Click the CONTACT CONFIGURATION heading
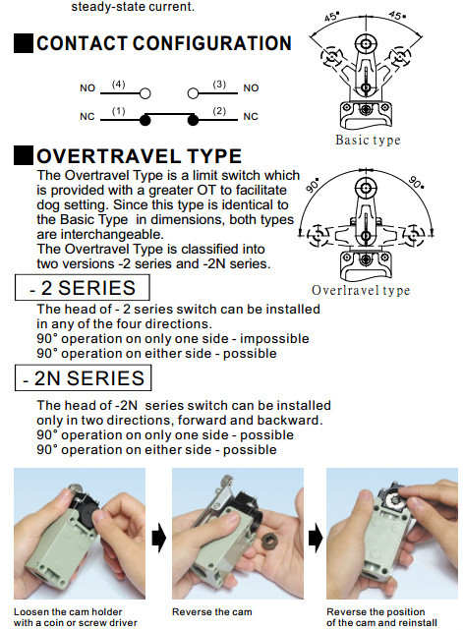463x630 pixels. [163, 44]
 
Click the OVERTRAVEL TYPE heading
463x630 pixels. [139, 157]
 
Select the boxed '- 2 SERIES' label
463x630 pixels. [83, 288]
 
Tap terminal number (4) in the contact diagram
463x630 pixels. [118, 86]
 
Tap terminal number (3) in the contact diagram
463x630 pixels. [219, 86]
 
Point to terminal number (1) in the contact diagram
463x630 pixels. [118, 112]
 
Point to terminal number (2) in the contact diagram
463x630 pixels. [219, 112]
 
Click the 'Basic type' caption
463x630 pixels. [368, 142]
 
